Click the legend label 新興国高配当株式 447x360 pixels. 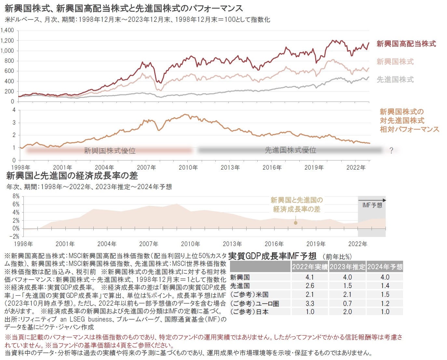coord(406,44)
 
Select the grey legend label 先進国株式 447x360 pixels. coord(395,79)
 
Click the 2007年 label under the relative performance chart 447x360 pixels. coord(146,168)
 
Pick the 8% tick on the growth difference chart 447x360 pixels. coord(16,196)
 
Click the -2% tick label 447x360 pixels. coord(15,237)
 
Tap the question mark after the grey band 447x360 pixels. coord(391,150)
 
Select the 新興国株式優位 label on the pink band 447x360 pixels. coord(110,151)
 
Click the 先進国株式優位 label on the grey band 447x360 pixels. coord(290,150)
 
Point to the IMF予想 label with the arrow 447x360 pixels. coord(372,205)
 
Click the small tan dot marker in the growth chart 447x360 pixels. coord(295,223)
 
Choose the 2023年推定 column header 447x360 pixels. coord(347,267)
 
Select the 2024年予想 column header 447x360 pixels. coord(385,267)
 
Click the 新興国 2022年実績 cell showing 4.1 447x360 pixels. coord(310,277)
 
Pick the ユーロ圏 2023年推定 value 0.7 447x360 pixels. coord(347,303)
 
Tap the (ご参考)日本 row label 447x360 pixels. coord(249,312)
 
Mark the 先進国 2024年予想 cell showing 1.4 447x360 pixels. coord(385,286)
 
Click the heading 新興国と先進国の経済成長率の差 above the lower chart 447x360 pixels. coord(72,176)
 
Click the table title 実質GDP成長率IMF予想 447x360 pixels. coord(272,256)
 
